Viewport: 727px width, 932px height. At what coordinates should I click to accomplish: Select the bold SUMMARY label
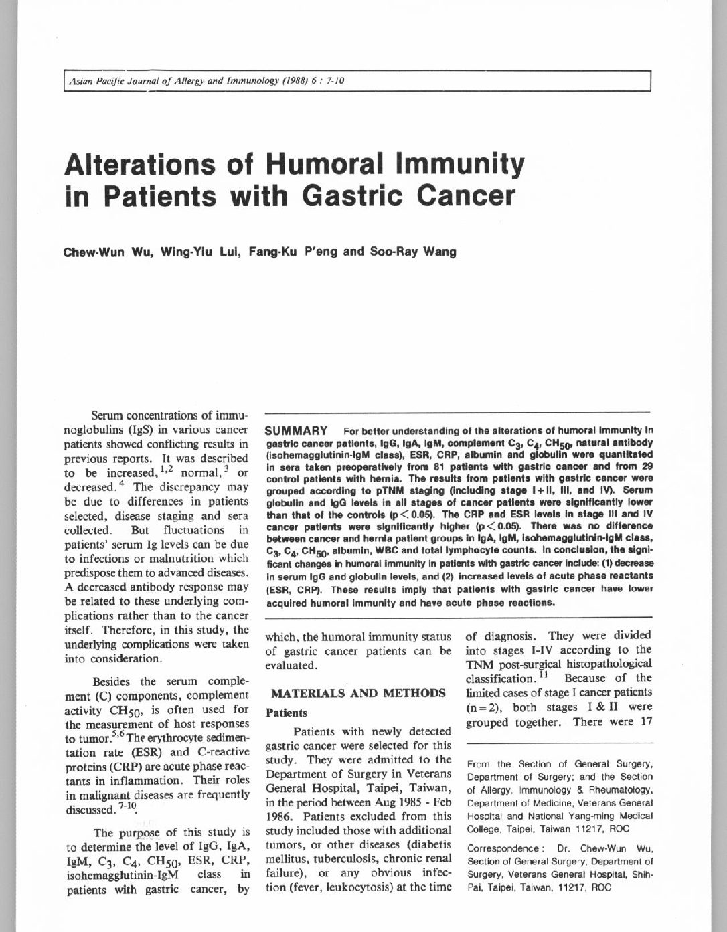pyautogui.click(x=297, y=430)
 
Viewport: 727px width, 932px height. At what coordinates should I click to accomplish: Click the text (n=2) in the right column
pyautogui.click(x=485, y=707)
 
